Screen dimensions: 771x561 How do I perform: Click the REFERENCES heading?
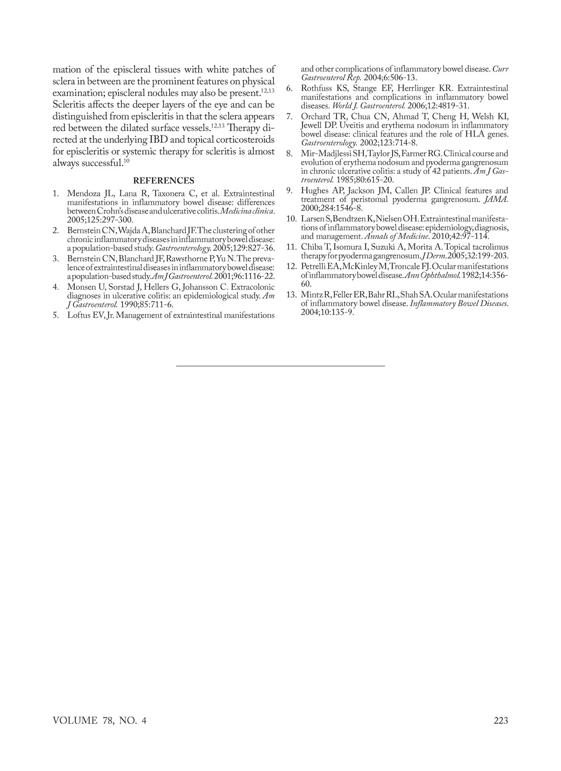click(164, 181)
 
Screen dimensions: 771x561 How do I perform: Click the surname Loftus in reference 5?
click(80, 315)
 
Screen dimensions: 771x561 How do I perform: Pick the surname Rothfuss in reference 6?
click(316, 88)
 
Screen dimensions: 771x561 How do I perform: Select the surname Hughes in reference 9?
click(315, 191)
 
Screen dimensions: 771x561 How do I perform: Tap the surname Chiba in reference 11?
click(312, 247)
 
